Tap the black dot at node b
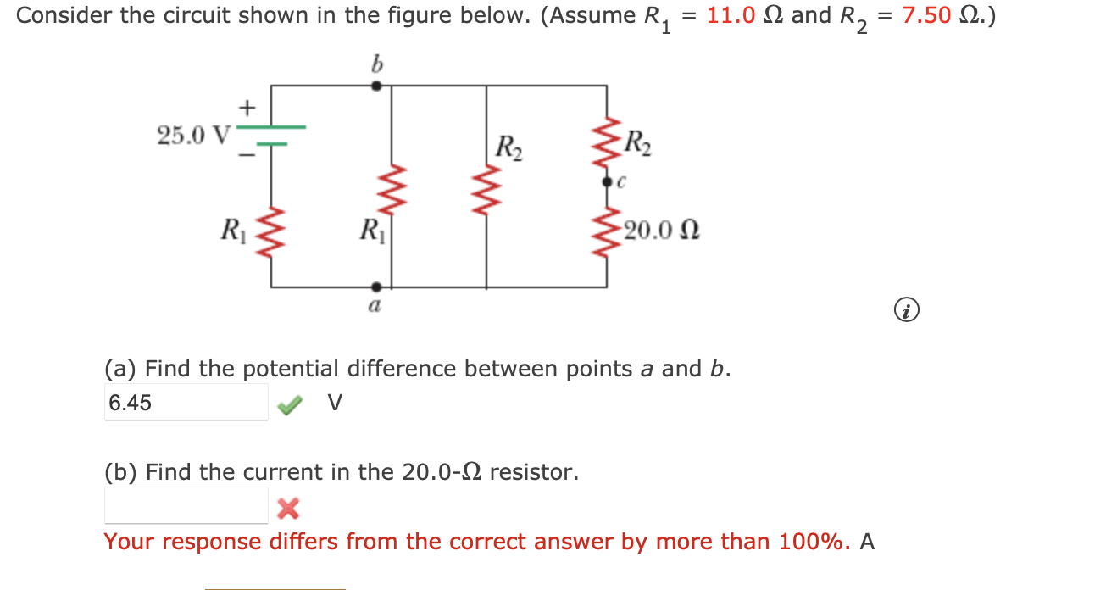pos(377,86)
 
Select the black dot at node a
pos(377,287)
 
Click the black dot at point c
pos(607,181)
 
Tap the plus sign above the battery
pos(247,108)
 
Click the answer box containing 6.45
pos(186,403)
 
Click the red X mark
pos(288,509)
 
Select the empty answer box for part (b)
pos(186,506)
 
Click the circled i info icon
pos(906,312)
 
